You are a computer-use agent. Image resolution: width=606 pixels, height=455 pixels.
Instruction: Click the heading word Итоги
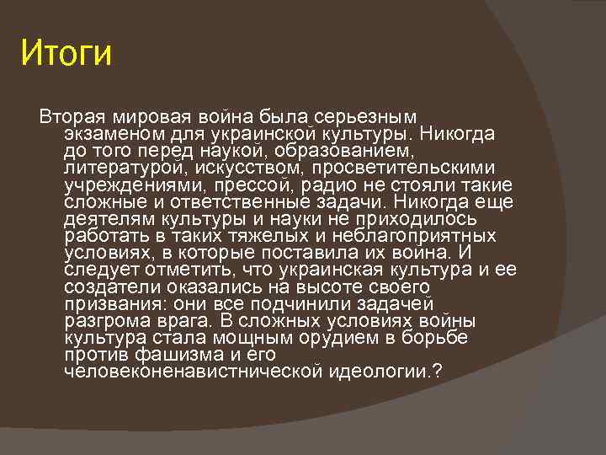[x=66, y=54]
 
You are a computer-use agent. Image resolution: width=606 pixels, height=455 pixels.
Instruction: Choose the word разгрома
[x=107, y=322]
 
